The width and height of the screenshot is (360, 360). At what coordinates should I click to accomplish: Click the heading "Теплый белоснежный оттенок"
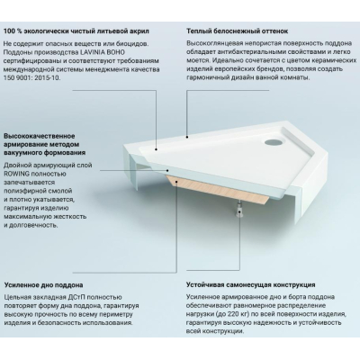[x=237, y=31]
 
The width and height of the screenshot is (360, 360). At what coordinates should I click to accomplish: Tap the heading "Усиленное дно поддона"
[x=43, y=284]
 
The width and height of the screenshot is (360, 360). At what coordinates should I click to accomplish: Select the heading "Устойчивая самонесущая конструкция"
[x=250, y=284]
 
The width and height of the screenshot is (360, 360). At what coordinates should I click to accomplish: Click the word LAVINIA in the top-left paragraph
[x=89, y=52]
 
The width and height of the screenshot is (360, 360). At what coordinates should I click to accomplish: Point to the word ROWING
[x=15, y=174]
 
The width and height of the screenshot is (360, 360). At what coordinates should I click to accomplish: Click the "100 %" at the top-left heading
[x=13, y=31]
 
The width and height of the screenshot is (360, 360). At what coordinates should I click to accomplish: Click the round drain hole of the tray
[x=273, y=141]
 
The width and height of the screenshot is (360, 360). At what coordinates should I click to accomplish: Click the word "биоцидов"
[x=133, y=44]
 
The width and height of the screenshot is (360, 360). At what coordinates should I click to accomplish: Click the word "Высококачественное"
[x=40, y=136]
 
